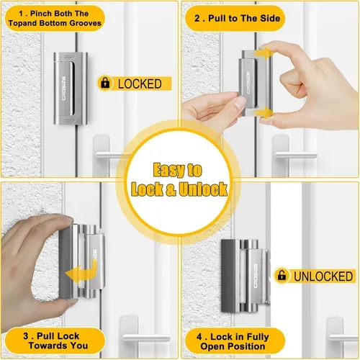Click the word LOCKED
(141, 84)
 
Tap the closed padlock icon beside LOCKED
(106, 84)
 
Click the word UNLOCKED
(323, 276)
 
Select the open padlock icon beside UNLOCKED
(282, 276)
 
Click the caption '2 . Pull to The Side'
(240, 17)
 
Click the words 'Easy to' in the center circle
(179, 171)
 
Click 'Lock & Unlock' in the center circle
(179, 190)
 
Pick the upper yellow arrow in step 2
(265, 53)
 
